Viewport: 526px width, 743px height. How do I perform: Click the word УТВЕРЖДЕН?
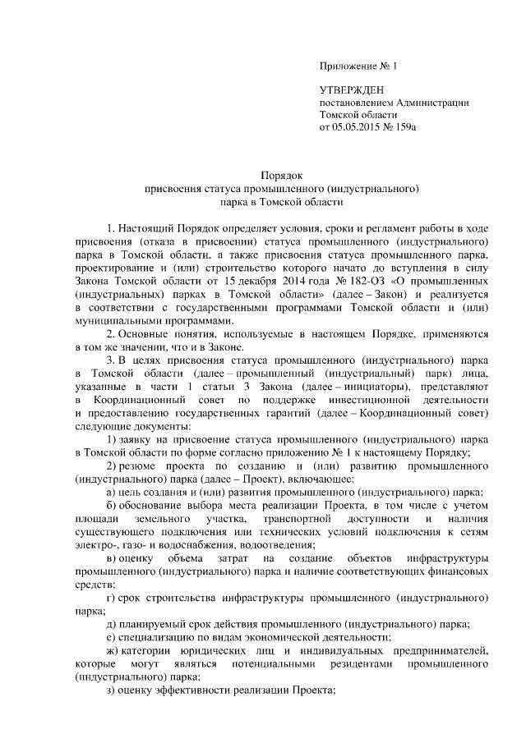pos(351,89)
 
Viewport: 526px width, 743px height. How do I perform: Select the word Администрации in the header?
pos(432,102)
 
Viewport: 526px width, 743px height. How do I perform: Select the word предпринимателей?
pos(442,652)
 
